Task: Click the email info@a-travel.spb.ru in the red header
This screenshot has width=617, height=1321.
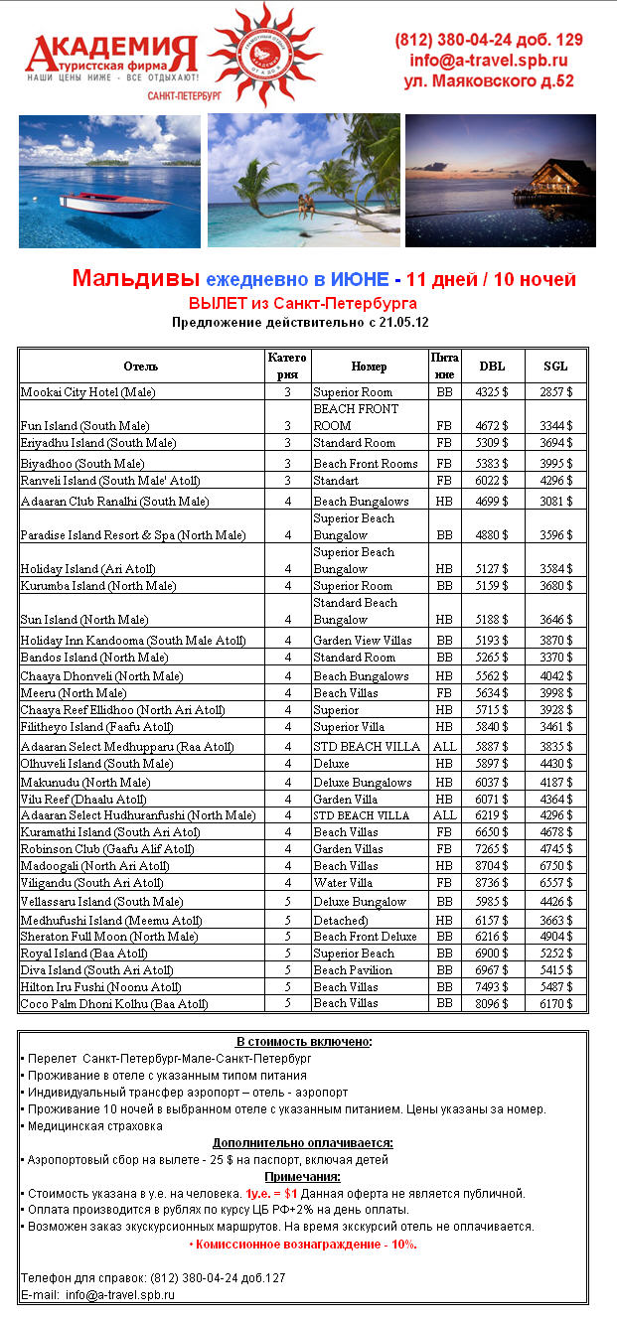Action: tap(489, 61)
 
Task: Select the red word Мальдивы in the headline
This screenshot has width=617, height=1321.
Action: tap(134, 279)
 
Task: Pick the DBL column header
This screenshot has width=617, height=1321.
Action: tap(492, 367)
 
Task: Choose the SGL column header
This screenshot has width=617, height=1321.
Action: tap(556, 367)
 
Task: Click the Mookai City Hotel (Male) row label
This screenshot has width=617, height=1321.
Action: tap(87, 393)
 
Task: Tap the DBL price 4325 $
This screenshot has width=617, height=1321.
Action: tap(492, 393)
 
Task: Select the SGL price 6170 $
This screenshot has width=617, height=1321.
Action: tap(556, 1004)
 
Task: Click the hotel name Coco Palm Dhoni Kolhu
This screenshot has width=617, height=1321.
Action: tap(114, 1004)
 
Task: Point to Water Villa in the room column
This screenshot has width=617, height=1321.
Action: tap(343, 883)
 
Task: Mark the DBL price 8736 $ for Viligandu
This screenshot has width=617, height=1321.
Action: tap(492, 883)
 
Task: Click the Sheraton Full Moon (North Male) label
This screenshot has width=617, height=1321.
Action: tap(109, 937)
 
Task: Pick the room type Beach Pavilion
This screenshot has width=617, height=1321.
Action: tap(353, 970)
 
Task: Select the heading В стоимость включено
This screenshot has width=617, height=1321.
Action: tap(303, 1042)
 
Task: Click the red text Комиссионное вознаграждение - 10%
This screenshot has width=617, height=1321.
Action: tap(303, 1245)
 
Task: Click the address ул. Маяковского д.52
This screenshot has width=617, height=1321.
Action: tap(489, 81)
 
